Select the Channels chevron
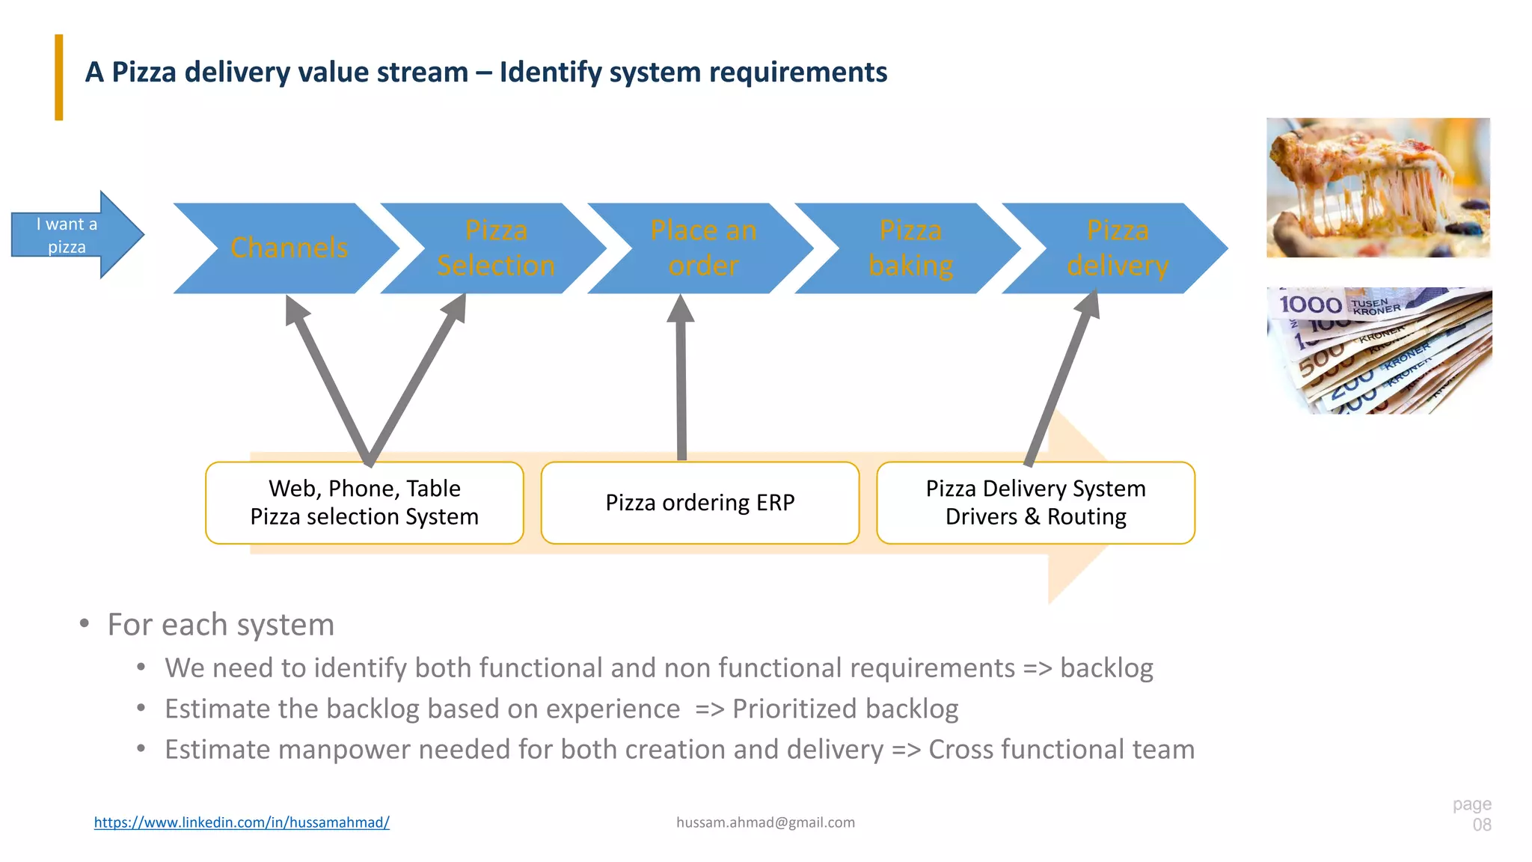point(289,248)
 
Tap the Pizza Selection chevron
point(496,248)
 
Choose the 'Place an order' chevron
point(703,248)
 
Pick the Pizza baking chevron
point(910,248)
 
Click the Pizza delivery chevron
point(1118,248)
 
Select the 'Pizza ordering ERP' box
point(699,503)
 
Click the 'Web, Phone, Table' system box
point(364,503)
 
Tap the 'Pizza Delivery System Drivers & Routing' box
point(1035,503)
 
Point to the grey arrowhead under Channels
point(295,310)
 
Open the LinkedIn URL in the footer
point(242,822)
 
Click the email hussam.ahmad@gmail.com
point(765,822)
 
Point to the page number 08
point(1481,825)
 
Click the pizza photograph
point(1378,187)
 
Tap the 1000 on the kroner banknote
point(1310,305)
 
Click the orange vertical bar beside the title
point(59,77)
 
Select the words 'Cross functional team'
point(1061,750)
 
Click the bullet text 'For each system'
point(221,625)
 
